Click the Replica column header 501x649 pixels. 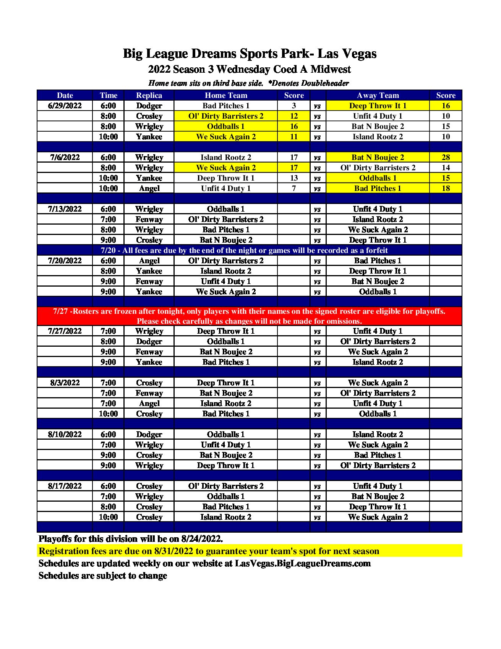pos(149,95)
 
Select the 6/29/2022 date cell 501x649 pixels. pos(65,106)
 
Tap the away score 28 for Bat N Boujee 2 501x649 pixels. pos(446,157)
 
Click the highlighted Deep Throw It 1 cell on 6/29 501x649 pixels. pos(378,106)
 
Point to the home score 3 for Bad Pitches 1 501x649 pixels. pos(293,106)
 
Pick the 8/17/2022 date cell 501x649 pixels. pos(65,486)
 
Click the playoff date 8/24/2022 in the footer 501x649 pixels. pos(201,539)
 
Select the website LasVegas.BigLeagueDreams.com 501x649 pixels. pos(303,563)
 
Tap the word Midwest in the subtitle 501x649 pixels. pos(331,69)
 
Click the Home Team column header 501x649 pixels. pos(226,95)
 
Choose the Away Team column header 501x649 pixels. pos(378,95)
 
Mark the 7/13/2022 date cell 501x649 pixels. pos(65,209)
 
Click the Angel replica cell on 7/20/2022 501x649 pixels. pos(149,261)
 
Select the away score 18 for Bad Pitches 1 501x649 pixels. pos(446,188)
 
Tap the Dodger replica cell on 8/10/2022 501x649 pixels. pos(149,434)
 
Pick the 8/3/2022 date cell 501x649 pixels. pos(65,383)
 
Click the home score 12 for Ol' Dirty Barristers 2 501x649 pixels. pos(293,116)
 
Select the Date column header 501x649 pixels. pos(65,95)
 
